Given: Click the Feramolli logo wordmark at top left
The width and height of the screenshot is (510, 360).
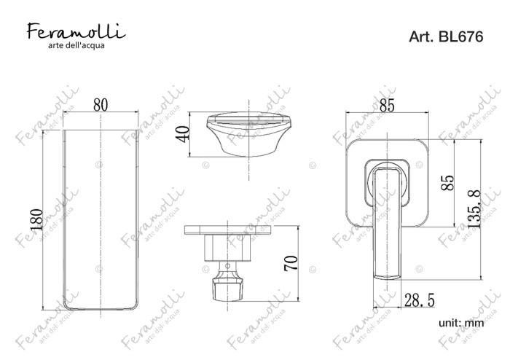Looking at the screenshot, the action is click(x=76, y=31).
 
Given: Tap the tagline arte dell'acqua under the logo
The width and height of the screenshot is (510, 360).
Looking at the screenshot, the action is click(x=76, y=45).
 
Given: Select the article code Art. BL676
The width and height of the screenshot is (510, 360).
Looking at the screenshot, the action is click(x=446, y=36).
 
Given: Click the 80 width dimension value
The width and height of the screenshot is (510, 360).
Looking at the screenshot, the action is click(x=101, y=105).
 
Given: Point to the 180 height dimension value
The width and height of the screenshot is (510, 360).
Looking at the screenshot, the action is click(x=36, y=220).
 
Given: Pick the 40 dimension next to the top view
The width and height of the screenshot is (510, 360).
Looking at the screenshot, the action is click(x=182, y=133).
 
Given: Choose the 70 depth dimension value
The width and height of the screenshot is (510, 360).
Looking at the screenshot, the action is click(x=291, y=263).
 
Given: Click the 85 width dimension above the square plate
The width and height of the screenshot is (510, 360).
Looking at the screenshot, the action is click(x=387, y=106).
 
